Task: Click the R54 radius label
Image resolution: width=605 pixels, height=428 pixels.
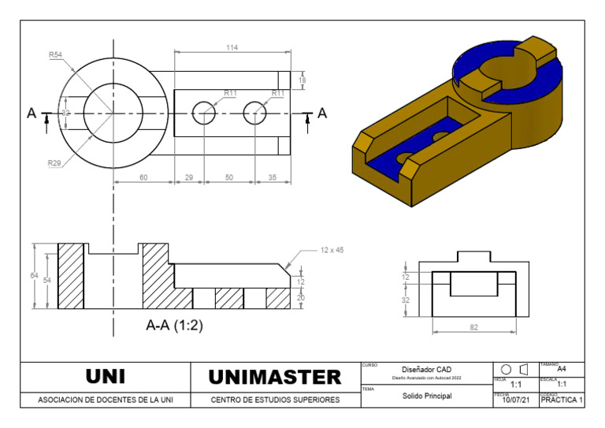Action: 56,55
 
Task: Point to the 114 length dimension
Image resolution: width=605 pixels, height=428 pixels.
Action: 232,48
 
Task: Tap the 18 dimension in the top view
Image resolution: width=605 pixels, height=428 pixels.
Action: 302,80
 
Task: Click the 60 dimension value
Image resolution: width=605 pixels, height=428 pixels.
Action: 143,178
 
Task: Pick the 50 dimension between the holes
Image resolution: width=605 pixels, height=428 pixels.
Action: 229,178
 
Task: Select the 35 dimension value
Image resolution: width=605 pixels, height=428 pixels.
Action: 273,178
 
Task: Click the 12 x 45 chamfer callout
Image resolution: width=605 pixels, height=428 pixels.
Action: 332,250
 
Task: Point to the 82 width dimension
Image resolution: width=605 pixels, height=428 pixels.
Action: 473,327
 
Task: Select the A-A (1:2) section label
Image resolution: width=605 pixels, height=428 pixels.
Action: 174,325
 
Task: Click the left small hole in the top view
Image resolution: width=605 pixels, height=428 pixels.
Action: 204,114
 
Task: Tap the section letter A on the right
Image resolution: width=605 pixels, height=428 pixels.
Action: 322,114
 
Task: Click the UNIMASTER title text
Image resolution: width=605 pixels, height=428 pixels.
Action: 274,377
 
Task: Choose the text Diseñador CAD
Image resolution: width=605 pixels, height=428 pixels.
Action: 426,370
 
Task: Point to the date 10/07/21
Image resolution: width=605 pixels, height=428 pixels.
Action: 515,400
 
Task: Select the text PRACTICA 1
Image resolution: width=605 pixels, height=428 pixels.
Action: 561,400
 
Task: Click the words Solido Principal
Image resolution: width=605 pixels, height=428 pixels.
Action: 426,396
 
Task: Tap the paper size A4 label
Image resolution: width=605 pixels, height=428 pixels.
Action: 561,369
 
